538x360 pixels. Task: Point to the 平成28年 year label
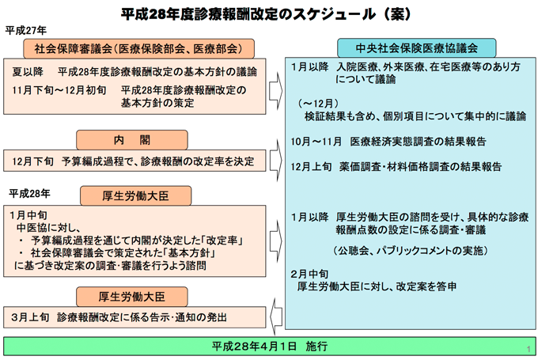tap(30, 192)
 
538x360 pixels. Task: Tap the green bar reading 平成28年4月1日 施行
tap(270, 347)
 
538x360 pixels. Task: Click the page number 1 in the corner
tap(526, 348)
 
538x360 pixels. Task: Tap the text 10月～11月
tap(316, 141)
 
